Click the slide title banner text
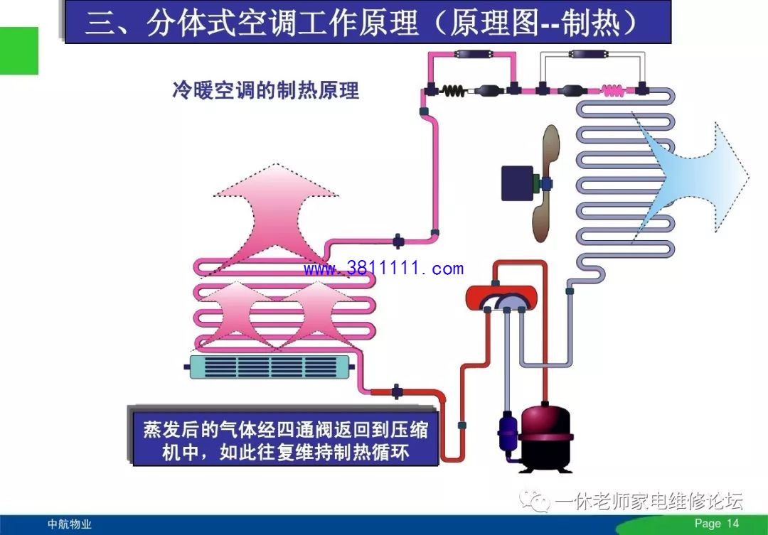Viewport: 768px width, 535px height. (x=361, y=23)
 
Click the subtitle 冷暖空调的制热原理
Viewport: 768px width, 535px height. (x=266, y=90)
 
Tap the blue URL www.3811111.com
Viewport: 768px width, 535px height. (x=383, y=269)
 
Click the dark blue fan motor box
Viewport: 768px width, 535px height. (x=517, y=183)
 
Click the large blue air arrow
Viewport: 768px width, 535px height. (x=690, y=176)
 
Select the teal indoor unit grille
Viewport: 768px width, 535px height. (x=270, y=367)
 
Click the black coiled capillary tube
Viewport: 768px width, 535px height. (x=453, y=90)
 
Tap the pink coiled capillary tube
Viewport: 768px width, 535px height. (x=613, y=90)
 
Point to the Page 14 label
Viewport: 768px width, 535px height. (x=717, y=523)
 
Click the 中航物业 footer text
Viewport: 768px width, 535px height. (x=70, y=524)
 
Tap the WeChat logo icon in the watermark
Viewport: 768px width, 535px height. (x=535, y=500)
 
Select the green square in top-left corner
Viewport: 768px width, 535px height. (x=18, y=51)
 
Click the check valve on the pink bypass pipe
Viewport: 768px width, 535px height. (x=473, y=54)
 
